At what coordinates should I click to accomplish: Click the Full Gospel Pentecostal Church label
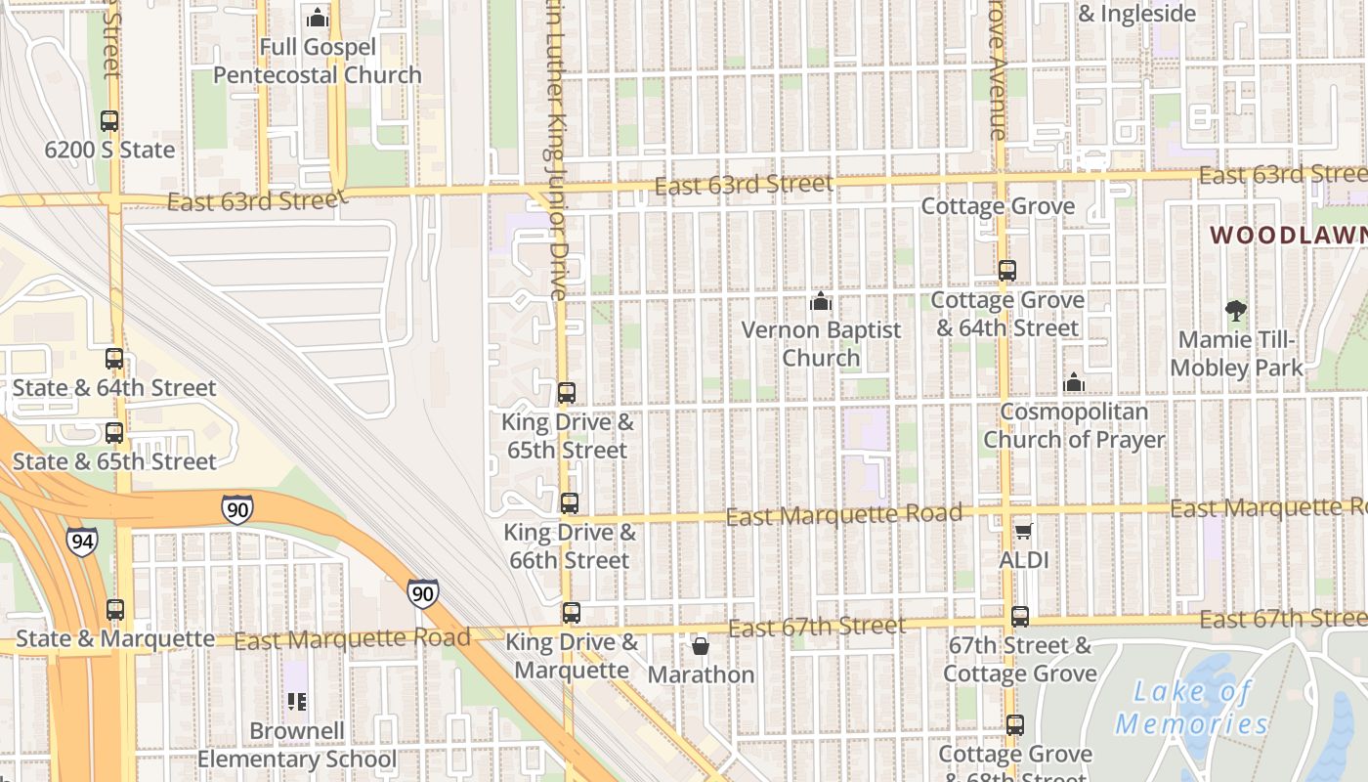click(x=318, y=61)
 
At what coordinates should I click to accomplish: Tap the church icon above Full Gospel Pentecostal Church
click(x=318, y=18)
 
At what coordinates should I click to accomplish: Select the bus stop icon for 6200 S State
click(x=109, y=121)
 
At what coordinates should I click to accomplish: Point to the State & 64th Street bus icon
click(x=114, y=359)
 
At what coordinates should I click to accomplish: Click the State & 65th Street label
click(x=114, y=461)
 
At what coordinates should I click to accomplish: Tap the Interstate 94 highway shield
click(x=82, y=541)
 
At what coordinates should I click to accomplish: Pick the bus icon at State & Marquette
click(x=115, y=610)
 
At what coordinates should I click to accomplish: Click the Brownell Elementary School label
click(x=297, y=745)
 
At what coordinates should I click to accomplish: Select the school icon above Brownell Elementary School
click(x=297, y=701)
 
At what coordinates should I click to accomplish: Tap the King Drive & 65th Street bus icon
click(x=567, y=393)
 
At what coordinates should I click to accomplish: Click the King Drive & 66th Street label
click(x=569, y=546)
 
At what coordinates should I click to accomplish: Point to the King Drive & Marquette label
click(x=572, y=656)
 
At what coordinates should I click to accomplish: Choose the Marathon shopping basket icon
click(x=701, y=646)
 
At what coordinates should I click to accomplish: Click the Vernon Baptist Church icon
click(x=821, y=301)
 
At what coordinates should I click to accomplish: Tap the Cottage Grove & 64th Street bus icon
click(x=1007, y=271)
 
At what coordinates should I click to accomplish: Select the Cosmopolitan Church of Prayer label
click(x=1074, y=425)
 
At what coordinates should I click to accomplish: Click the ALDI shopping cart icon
click(x=1023, y=531)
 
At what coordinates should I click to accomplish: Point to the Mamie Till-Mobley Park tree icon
click(x=1236, y=311)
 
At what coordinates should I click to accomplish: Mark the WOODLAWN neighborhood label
click(x=1288, y=236)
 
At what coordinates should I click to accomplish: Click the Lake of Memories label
click(x=1192, y=708)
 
